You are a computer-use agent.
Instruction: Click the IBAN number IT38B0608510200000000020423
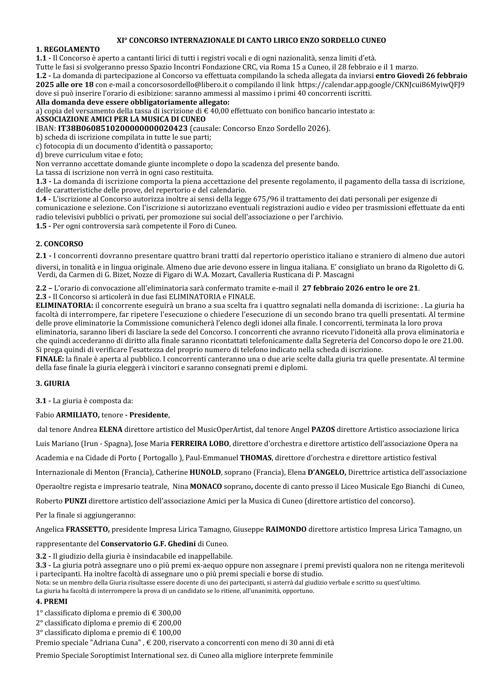123,129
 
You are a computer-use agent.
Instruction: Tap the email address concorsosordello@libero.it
176,85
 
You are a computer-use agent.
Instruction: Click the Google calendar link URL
381,85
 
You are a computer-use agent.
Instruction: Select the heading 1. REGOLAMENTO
68,49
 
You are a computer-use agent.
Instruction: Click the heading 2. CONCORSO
59,244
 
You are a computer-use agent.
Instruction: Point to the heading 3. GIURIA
53,383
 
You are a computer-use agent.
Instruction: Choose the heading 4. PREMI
52,601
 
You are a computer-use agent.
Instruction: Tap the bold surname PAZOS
323,429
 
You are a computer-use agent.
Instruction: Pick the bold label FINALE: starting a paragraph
48,359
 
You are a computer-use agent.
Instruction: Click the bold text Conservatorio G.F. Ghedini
148,544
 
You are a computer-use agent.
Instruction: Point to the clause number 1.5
43,226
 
